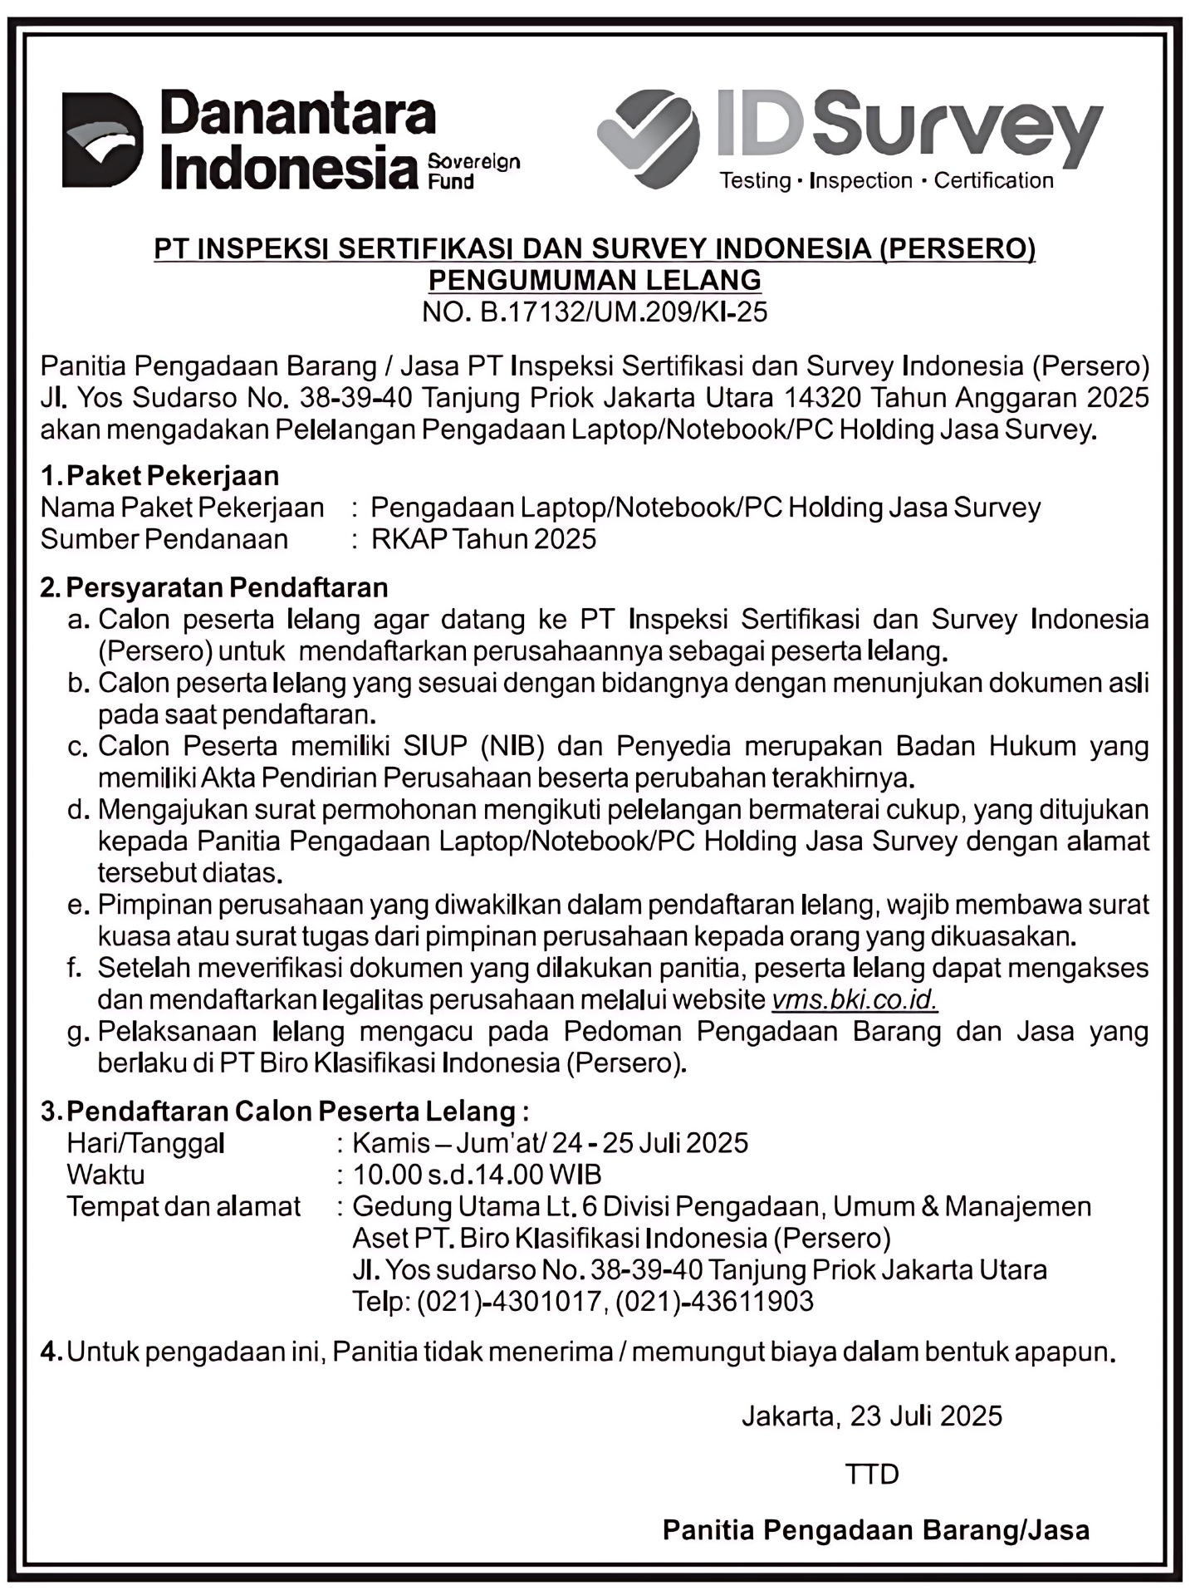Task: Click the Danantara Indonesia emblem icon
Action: [102, 139]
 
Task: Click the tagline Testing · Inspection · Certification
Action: [885, 180]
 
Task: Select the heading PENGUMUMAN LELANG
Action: [595, 280]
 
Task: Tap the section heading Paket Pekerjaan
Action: [172, 476]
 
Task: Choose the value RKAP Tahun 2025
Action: [483, 539]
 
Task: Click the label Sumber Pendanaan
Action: [164, 539]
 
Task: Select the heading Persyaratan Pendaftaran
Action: [227, 587]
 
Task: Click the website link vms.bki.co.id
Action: [855, 999]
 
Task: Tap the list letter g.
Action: [78, 1033]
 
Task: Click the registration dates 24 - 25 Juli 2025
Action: [649, 1143]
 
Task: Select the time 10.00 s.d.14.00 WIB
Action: [477, 1175]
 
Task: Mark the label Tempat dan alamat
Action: [184, 1206]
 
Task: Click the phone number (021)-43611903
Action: [714, 1301]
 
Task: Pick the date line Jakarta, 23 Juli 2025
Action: [872, 1416]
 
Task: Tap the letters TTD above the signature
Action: [872, 1474]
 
